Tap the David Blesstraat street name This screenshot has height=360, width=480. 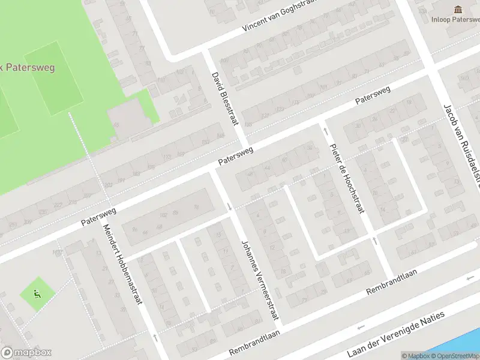(x=225, y=99)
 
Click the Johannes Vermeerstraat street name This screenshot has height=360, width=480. (x=259, y=282)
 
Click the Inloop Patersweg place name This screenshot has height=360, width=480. (x=455, y=19)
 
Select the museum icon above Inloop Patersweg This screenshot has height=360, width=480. (x=458, y=9)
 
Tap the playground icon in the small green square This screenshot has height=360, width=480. (x=38, y=294)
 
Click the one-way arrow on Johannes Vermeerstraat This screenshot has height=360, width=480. (x=230, y=207)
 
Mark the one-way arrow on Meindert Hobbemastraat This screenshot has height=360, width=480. (x=155, y=337)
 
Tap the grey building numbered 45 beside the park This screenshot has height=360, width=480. (x=126, y=117)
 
